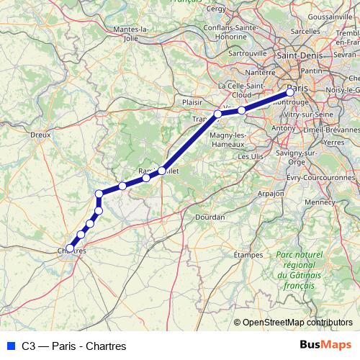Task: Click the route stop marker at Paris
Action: pos(290,91)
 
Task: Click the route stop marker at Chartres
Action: pos(70,248)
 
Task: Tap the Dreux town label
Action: pos(40,134)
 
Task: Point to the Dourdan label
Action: pos(209,215)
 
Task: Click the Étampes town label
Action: pos(248,254)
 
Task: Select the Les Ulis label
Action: pos(251,156)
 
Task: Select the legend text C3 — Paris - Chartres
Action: pos(69,346)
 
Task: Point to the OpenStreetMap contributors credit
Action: pos(297,323)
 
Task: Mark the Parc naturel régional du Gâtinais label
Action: pos(295,271)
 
